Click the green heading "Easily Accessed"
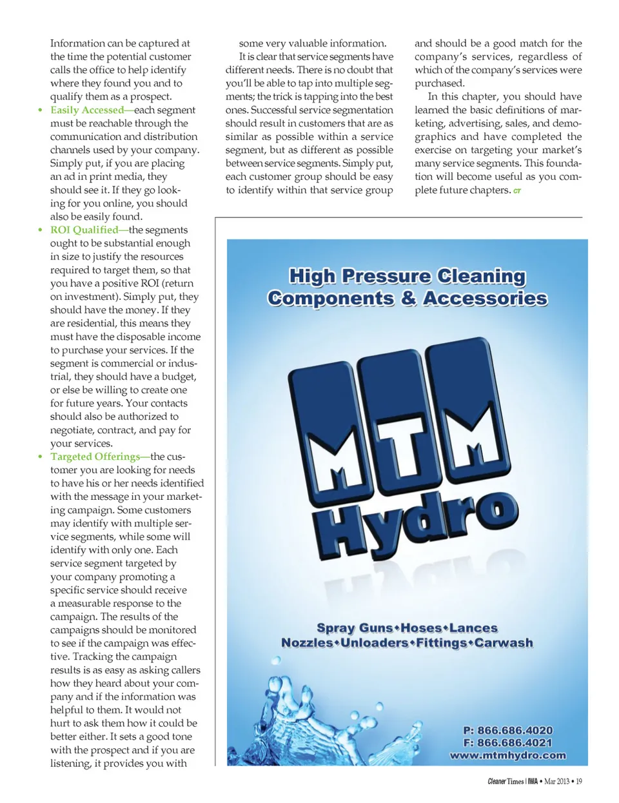(87, 110)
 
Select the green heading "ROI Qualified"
(84, 230)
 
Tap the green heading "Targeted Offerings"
(95, 457)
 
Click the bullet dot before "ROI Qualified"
(40, 230)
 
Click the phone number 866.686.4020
(515, 730)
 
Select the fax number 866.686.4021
(515, 742)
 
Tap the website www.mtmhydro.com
(508, 755)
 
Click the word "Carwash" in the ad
(504, 643)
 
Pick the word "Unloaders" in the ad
(374, 643)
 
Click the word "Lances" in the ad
(473, 628)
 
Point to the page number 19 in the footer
(579, 782)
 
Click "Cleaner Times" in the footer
(506, 782)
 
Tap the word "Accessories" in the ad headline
(485, 299)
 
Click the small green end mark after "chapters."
(517, 191)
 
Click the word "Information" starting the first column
(77, 43)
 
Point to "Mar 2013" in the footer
(556, 782)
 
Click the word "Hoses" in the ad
(421, 628)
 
